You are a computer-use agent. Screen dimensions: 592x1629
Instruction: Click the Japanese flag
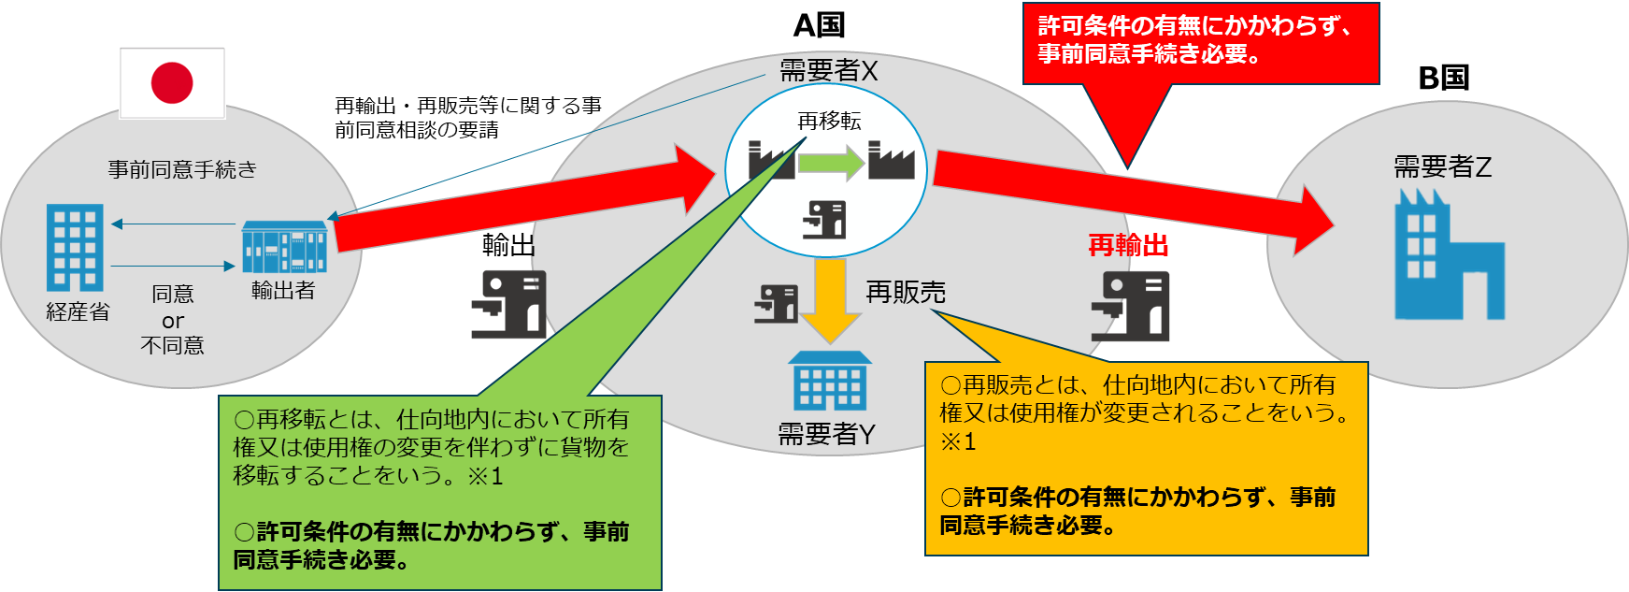[173, 83]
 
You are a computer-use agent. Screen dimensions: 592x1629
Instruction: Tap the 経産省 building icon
[75, 247]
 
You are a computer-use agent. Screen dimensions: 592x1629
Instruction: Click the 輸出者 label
[282, 291]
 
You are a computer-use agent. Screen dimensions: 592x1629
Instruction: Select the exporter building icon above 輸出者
[284, 246]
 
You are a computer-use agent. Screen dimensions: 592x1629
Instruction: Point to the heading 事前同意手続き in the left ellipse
[182, 169]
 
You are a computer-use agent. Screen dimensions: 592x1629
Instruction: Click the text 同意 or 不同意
[173, 320]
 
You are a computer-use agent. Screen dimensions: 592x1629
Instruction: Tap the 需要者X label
[828, 71]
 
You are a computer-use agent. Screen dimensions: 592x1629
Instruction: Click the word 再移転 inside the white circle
[829, 121]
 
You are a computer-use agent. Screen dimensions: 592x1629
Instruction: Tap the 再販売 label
[906, 293]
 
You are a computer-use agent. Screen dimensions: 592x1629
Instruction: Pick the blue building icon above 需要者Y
[830, 381]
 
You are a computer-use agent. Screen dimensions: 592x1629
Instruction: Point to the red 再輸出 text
[1128, 245]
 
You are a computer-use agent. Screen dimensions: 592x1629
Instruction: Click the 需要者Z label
[1442, 167]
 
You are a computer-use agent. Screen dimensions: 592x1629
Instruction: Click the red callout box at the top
[1200, 43]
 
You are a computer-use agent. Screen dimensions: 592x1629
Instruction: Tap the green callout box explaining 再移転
[439, 492]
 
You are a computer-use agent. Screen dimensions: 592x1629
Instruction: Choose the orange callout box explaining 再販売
[1146, 458]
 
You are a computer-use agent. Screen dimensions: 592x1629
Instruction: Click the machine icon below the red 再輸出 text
[1131, 306]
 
